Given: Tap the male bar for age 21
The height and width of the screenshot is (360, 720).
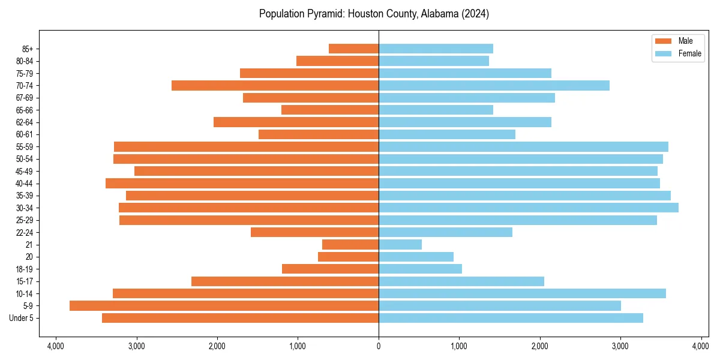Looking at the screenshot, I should tap(350, 245).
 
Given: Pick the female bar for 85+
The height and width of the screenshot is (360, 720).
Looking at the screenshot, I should tap(436, 49).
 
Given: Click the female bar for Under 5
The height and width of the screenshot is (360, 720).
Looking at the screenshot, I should tap(511, 318).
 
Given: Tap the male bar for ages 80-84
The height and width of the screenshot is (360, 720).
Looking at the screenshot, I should tap(337, 61).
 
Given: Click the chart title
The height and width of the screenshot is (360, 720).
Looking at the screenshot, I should tap(374, 14).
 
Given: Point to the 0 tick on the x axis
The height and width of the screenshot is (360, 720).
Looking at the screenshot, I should tap(379, 346).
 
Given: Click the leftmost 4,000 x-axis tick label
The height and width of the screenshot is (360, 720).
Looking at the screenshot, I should tap(56, 346).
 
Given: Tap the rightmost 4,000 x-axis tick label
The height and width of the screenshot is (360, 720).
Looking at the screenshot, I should tap(701, 346).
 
